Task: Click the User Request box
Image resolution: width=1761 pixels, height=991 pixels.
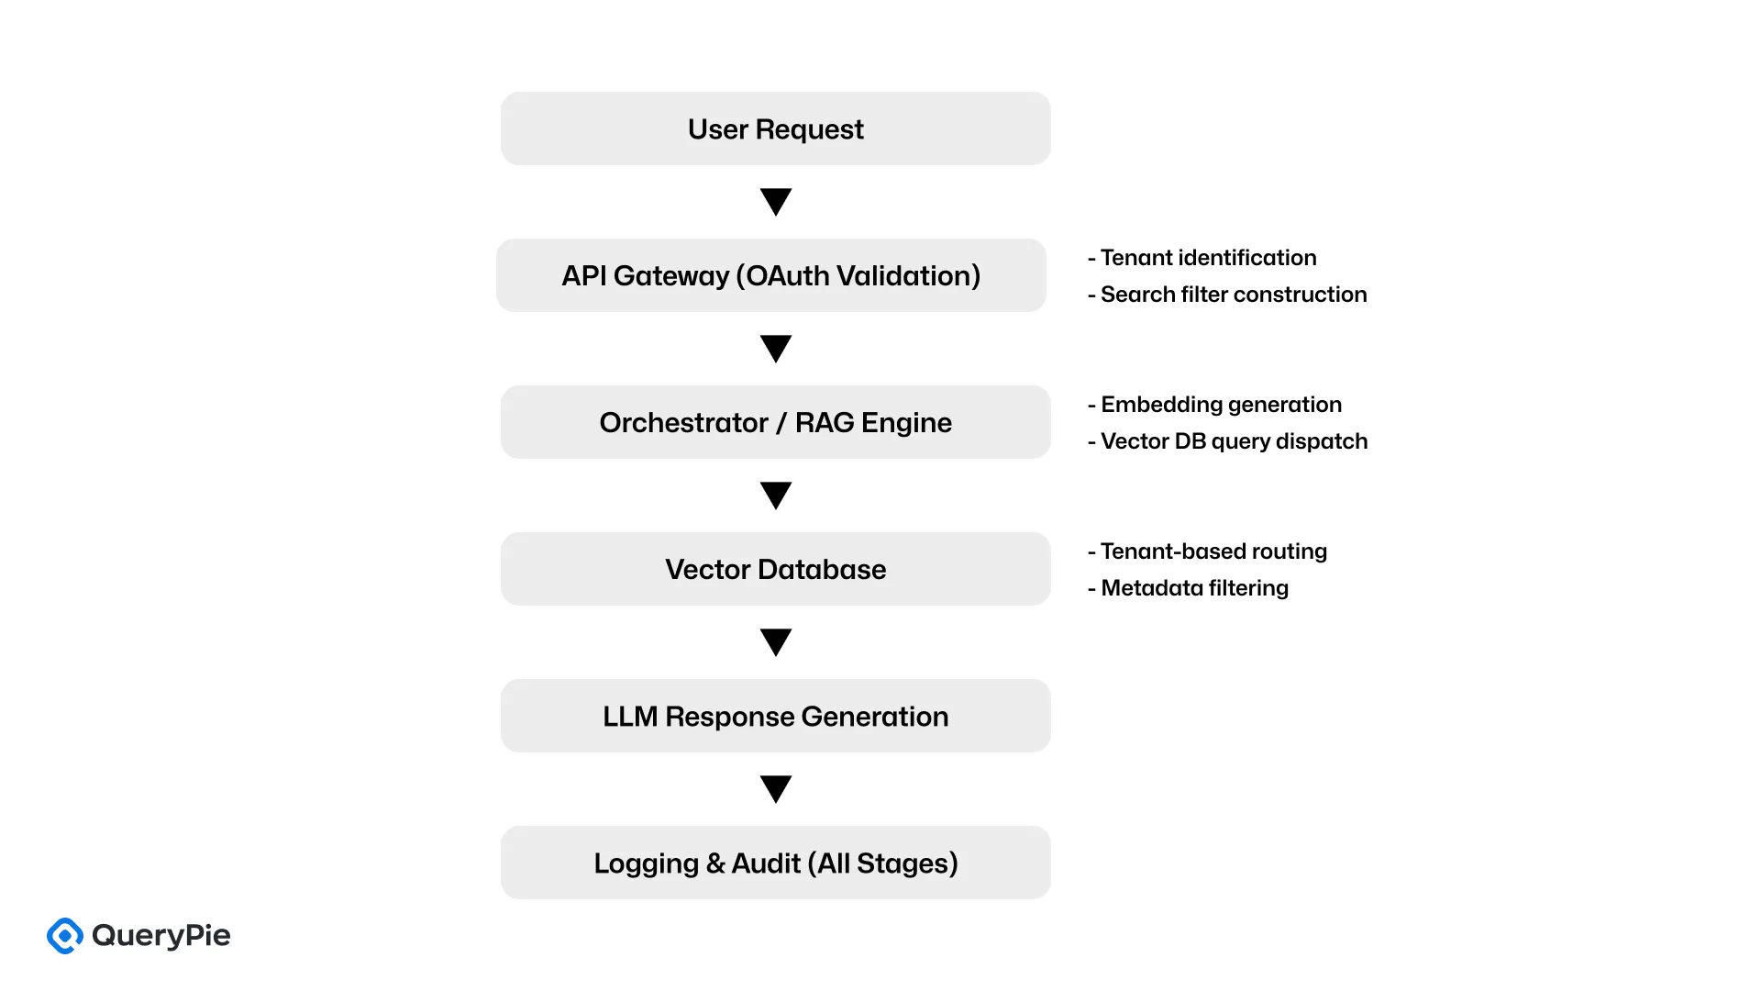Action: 775,128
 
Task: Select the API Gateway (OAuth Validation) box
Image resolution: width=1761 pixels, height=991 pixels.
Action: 770,275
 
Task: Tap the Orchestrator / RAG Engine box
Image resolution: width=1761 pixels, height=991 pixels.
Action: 775,422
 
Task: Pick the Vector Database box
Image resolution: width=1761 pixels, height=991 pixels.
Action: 775,569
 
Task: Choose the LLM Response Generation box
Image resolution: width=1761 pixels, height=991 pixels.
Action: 775,716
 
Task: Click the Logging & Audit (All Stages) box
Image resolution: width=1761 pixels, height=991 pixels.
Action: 775,863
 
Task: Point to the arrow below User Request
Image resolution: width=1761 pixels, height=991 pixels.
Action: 776,201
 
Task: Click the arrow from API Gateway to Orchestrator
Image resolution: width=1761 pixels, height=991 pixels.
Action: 776,348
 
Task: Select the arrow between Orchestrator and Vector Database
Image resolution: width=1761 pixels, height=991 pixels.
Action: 776,495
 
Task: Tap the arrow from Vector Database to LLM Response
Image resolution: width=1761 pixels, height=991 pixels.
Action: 776,641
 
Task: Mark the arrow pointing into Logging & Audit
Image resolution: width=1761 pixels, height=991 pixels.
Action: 776,788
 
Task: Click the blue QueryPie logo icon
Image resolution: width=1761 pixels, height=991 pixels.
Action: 65,936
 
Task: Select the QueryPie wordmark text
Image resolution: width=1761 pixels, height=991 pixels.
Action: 161,936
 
